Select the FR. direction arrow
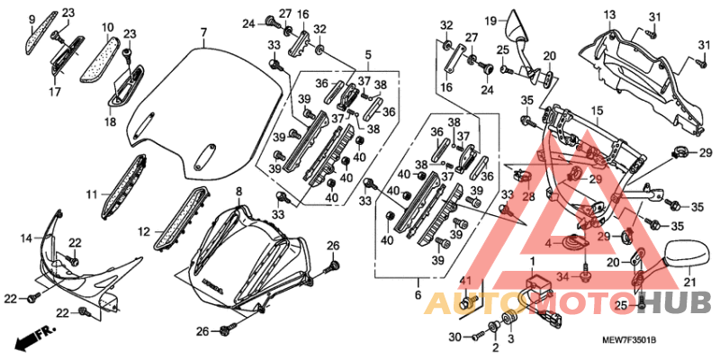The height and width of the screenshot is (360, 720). pos(32,340)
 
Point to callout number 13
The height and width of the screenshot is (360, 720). pos(609,14)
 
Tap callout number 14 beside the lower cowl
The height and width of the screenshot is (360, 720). pos(28,238)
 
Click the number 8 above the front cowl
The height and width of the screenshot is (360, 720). pos(238,192)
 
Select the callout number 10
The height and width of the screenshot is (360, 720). pos(107,27)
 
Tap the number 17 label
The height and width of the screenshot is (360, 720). pos(55,92)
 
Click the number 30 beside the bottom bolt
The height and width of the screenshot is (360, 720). pos(454,337)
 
